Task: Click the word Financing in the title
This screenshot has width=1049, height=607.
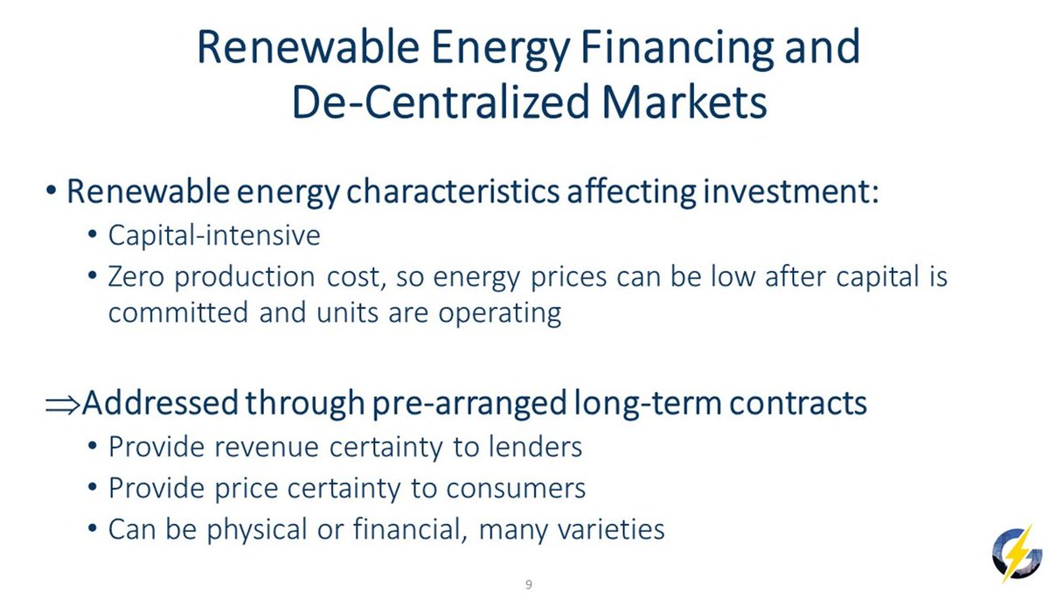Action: pyautogui.click(x=677, y=48)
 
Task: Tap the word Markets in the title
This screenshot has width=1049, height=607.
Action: pyautogui.click(x=684, y=101)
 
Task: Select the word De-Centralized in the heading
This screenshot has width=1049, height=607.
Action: pyautogui.click(x=441, y=101)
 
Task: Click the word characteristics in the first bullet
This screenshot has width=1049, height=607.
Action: pyautogui.click(x=453, y=192)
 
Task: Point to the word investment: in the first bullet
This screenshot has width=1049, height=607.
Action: pyautogui.click(x=791, y=192)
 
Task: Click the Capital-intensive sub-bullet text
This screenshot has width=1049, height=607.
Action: pyautogui.click(x=214, y=234)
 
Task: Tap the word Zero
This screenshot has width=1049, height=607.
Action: pyautogui.click(x=136, y=276)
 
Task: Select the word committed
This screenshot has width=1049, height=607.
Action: pyautogui.click(x=178, y=312)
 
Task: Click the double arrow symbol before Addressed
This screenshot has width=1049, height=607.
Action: pyautogui.click(x=62, y=405)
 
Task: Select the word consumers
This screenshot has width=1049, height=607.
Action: pyautogui.click(x=516, y=488)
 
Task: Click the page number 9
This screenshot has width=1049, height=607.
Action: pyautogui.click(x=529, y=584)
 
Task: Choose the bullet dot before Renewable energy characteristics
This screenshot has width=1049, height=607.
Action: pyautogui.click(x=51, y=191)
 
